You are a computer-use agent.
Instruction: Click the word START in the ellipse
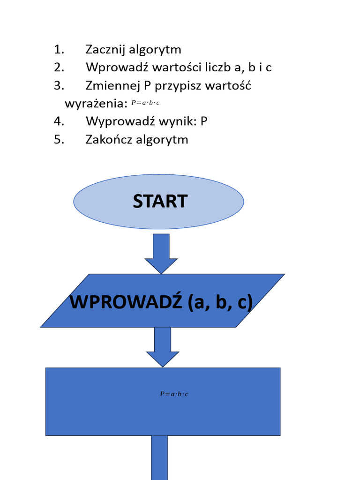tap(160, 202)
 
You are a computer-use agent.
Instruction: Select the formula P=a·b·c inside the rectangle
tap(173, 394)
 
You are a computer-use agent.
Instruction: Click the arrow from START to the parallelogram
tap(161, 254)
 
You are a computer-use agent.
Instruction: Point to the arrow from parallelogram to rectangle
tap(162, 347)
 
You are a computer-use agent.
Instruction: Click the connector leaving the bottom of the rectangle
tap(159, 457)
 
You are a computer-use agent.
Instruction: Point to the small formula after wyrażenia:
tap(145, 103)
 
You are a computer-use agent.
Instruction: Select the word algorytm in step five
tap(162, 140)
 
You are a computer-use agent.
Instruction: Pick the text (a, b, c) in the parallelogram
tap(220, 303)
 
